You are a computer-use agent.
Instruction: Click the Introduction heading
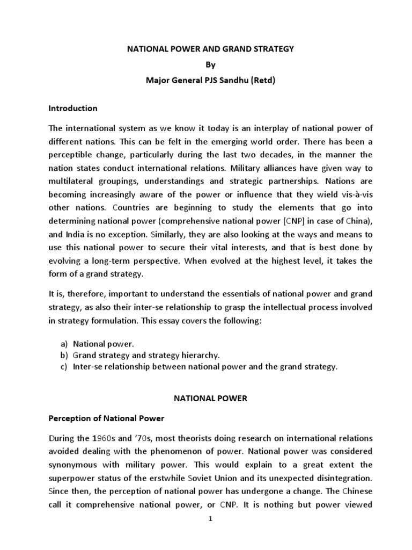[x=73, y=108]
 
